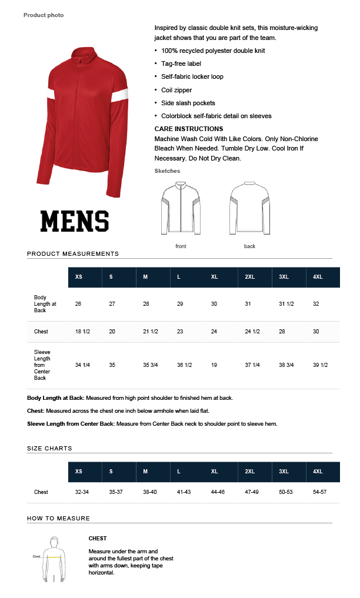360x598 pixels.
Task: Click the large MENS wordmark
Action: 75,221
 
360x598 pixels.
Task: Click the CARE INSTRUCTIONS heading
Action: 189,129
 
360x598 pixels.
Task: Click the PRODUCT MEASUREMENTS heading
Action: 73,254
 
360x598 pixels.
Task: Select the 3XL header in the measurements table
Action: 284,276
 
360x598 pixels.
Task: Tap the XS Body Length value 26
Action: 78,304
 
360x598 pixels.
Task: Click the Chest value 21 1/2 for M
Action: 151,332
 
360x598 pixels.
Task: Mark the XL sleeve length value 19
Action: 214,365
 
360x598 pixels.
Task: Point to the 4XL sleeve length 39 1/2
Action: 320,365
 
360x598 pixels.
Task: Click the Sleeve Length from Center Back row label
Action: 42,365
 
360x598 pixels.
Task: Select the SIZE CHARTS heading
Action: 49,448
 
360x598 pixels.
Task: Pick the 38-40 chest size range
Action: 150,492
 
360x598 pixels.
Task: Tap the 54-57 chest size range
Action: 319,492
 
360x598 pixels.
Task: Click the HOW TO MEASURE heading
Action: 58,518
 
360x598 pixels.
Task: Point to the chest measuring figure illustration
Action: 54,559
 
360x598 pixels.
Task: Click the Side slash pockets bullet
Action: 188,103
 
